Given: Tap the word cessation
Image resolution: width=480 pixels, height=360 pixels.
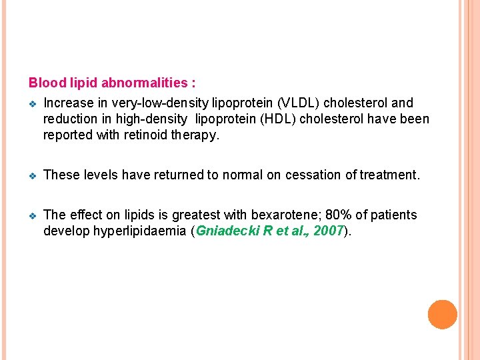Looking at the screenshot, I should pos(313,175).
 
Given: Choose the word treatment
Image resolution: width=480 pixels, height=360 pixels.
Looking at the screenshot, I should pos(389,175).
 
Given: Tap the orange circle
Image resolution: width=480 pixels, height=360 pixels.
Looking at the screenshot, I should pos(442,314).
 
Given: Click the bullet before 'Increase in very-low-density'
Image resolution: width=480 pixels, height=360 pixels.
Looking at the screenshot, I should pos(33,104).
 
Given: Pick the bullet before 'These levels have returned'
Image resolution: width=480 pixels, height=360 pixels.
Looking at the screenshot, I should pos(33,176).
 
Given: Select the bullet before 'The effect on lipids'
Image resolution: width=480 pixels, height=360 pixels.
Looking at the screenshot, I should pos(33,216).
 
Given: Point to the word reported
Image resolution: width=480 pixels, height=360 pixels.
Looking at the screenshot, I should pos(67,135).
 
